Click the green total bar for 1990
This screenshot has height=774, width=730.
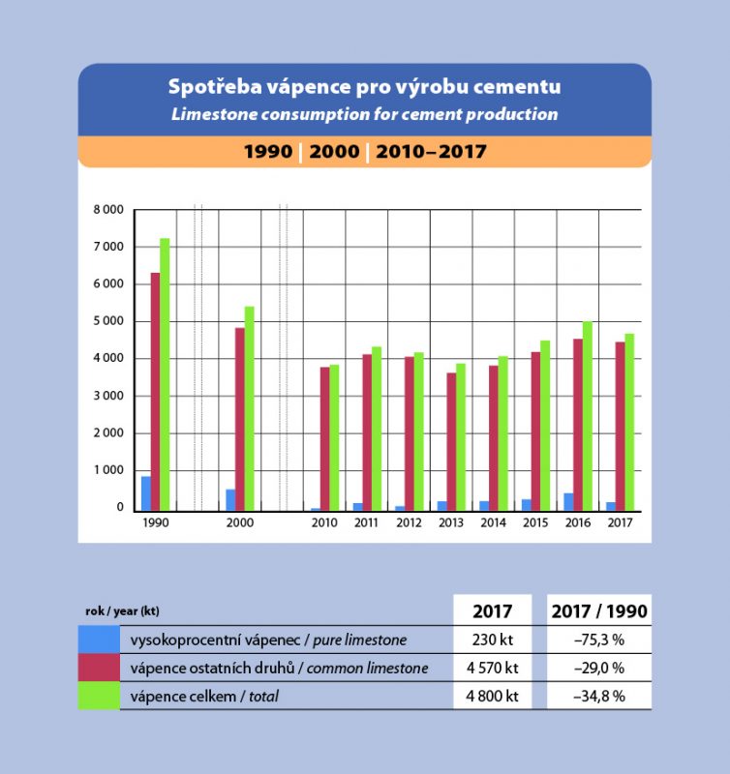pyautogui.click(x=165, y=373)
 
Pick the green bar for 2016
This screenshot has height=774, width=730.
pyautogui.click(x=587, y=416)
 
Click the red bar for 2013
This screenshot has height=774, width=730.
pyautogui.click(x=451, y=441)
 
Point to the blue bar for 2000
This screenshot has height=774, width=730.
pyautogui.click(x=230, y=499)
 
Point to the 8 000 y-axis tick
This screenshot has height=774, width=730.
pyautogui.click(x=108, y=209)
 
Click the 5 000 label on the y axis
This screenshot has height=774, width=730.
pyautogui.click(x=108, y=321)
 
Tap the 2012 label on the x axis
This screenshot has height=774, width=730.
pyautogui.click(x=409, y=523)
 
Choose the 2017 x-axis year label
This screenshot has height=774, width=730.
pyautogui.click(x=620, y=523)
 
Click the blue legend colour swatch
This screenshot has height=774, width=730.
pyautogui.click(x=99, y=640)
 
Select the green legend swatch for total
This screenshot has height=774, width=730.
pyautogui.click(x=99, y=696)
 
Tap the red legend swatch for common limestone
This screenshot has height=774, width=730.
pyautogui.click(x=99, y=668)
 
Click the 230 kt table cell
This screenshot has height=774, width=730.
pyautogui.click(x=493, y=640)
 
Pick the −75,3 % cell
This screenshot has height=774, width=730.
pyautogui.click(x=598, y=640)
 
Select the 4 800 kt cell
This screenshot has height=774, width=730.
pyautogui.click(x=493, y=696)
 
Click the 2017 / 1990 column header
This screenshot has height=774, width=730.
pyautogui.click(x=598, y=611)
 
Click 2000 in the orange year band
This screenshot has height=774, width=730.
pyautogui.click(x=334, y=152)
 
